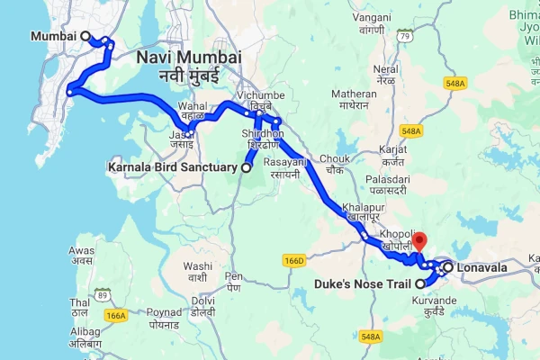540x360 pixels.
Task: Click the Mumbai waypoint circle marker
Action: point(86,36)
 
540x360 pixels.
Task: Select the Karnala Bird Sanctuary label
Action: point(173,167)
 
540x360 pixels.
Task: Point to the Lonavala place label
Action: point(481,267)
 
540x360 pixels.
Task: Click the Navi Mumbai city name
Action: point(189,58)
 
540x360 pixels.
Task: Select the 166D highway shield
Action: point(294,260)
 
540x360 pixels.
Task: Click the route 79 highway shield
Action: point(406,36)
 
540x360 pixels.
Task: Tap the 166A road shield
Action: point(115,316)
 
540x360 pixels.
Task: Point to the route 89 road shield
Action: point(103,294)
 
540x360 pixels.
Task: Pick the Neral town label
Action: point(386,68)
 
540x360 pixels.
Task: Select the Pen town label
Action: point(234,275)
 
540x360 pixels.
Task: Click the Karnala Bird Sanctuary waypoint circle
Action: point(246,167)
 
